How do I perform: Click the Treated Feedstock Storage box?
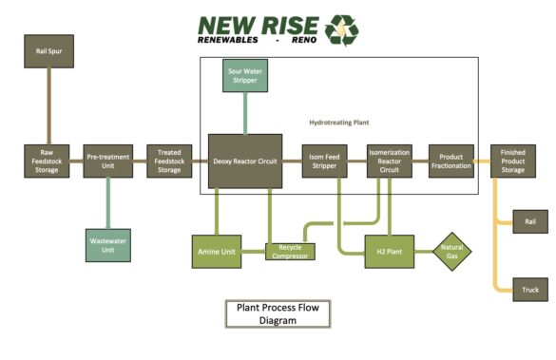tap(169, 161)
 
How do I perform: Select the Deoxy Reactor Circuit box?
tap(245, 161)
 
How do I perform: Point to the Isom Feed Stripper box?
tap(325, 161)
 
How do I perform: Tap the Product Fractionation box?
tap(451, 161)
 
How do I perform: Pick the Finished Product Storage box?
tap(512, 161)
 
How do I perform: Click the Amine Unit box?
tap(217, 251)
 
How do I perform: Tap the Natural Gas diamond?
tap(451, 251)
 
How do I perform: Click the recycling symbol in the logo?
tap(342, 29)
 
